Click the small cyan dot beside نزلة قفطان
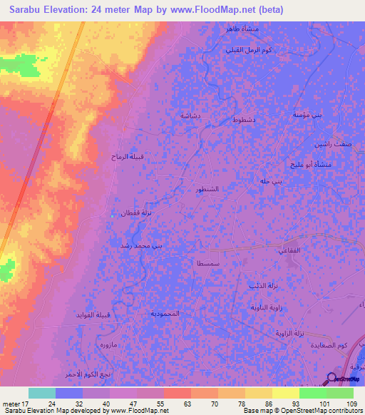pos(113,215)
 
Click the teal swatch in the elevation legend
pos(42,393)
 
